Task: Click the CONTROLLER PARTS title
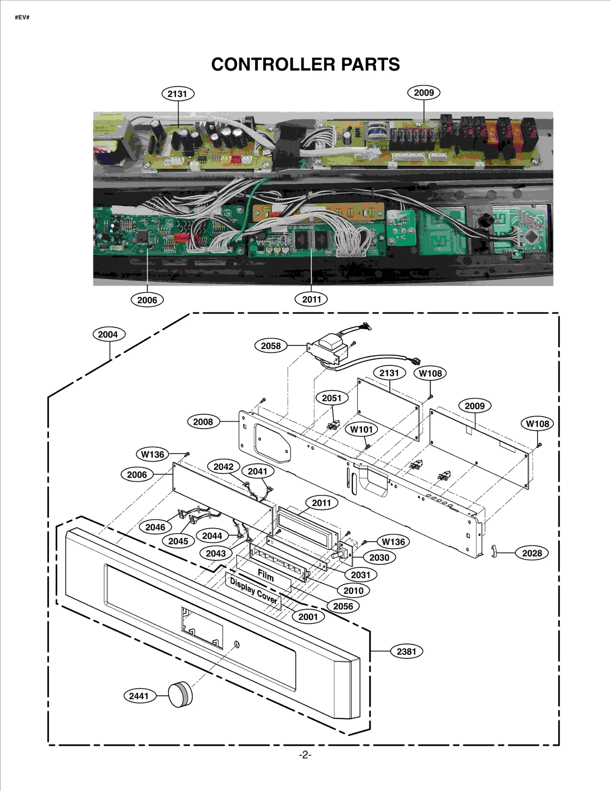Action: coord(305,64)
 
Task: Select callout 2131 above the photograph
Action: coord(178,94)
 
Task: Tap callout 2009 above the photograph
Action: coord(424,93)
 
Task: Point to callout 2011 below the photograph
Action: coord(311,299)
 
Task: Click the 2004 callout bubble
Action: coord(108,334)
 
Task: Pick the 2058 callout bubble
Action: coord(271,346)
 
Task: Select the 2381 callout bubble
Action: coord(406,651)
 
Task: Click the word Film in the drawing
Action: coord(266,575)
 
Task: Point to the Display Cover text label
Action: coord(253,591)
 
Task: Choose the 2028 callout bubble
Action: coord(532,553)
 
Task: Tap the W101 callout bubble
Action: coord(361,429)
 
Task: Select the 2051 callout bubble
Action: coord(331,398)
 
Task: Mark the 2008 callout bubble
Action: coord(203,422)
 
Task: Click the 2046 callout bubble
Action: coord(155,527)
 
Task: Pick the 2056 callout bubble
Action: coord(343,606)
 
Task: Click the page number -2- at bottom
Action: coord(305,755)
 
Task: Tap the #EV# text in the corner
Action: coord(22,18)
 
